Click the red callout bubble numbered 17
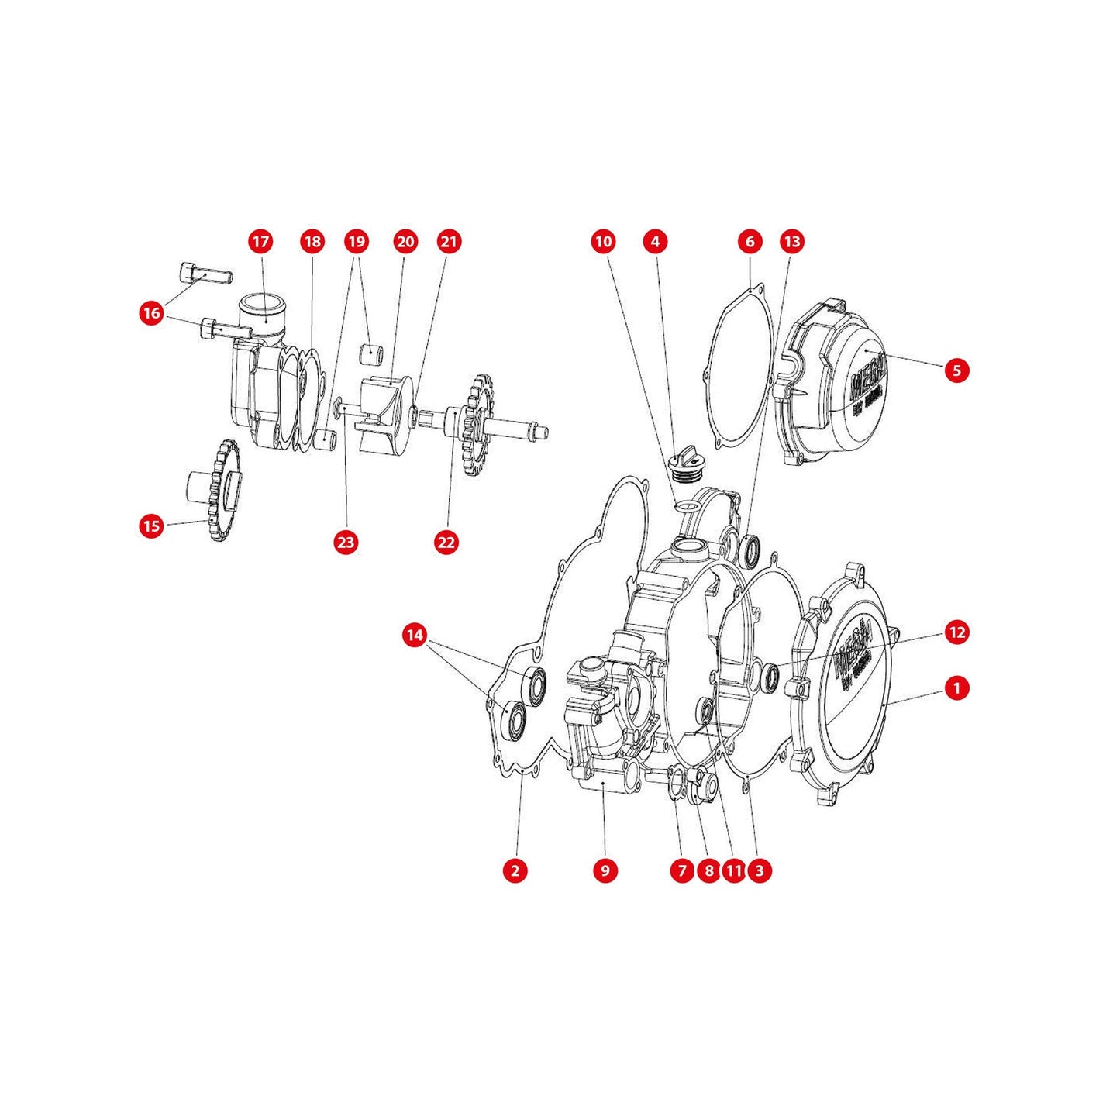pyautogui.click(x=261, y=241)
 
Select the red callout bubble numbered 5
pyautogui.click(x=956, y=370)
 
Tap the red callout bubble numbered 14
pyautogui.click(x=415, y=636)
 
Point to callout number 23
pyautogui.click(x=345, y=542)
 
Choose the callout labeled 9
pyautogui.click(x=605, y=870)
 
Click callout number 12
pyautogui.click(x=957, y=632)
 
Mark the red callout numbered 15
pyautogui.click(x=152, y=526)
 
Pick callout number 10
pyautogui.click(x=603, y=241)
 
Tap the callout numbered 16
pyautogui.click(x=152, y=313)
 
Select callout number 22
pyautogui.click(x=446, y=542)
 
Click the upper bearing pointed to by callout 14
pyautogui.click(x=534, y=682)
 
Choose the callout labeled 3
pyautogui.click(x=759, y=870)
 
